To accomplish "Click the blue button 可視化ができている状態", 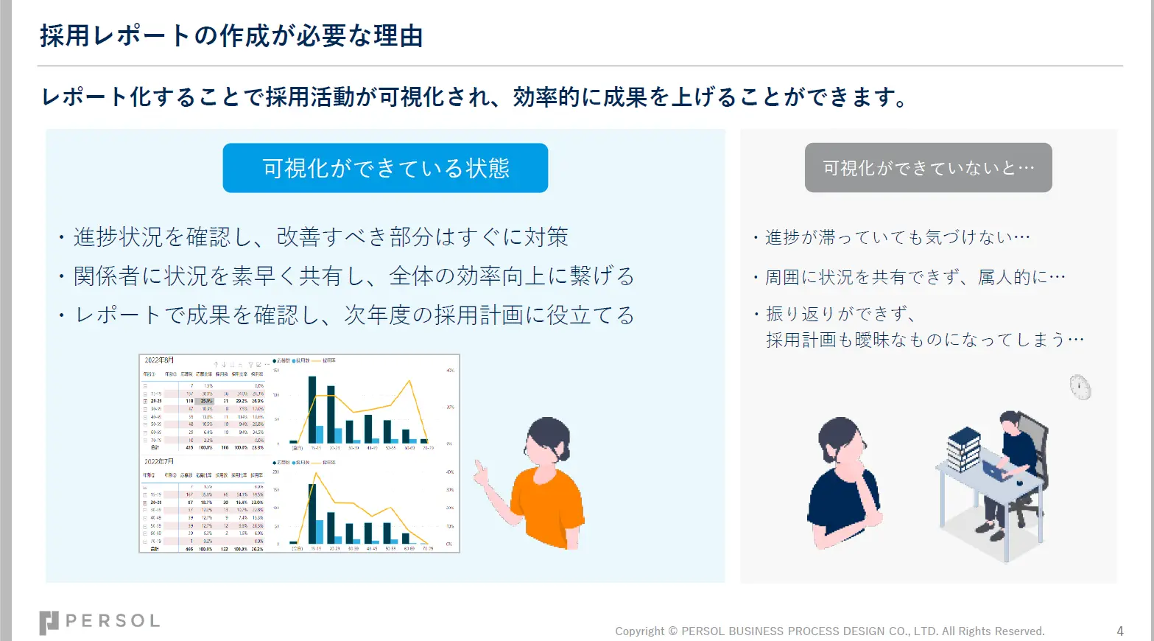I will click(x=385, y=168).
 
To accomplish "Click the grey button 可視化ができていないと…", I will click(x=928, y=168).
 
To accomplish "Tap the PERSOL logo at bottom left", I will click(x=99, y=621).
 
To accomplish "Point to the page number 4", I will click(x=1119, y=631).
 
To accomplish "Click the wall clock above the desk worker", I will click(x=1080, y=387).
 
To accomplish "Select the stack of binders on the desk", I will click(x=963, y=447).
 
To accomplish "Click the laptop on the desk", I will click(x=995, y=469).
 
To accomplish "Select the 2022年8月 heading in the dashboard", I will click(x=159, y=360).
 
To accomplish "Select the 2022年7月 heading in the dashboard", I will click(x=159, y=461).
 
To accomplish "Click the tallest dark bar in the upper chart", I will click(x=312, y=409).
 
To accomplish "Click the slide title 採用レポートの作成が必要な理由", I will click(x=231, y=35).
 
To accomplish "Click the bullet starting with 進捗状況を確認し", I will click(x=320, y=237).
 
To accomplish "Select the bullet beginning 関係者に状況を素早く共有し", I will click(x=353, y=276).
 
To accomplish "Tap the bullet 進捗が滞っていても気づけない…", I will click(x=897, y=237).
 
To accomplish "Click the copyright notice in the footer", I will click(x=830, y=631).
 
